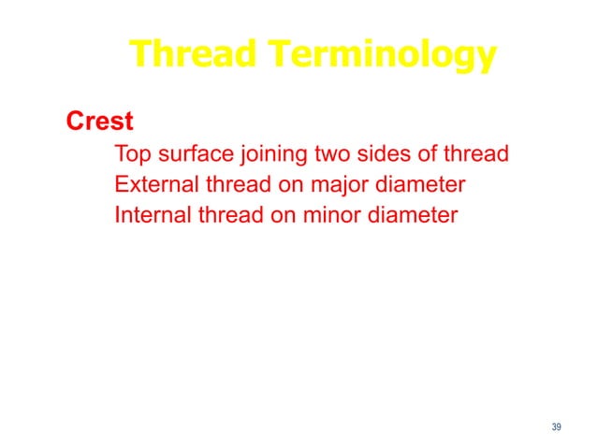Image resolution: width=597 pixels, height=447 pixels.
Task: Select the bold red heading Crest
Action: point(99,123)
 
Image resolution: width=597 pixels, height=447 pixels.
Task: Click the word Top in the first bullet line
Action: point(130,154)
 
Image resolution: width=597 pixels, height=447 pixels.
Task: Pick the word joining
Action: point(267,154)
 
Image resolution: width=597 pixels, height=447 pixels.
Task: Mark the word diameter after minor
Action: point(413,216)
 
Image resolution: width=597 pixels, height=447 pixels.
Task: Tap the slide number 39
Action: point(557,427)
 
